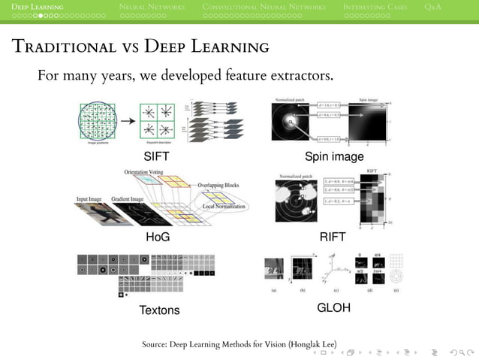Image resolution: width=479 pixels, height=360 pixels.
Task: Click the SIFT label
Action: pos(157,156)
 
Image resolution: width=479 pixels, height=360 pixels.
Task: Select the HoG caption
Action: pos(158,237)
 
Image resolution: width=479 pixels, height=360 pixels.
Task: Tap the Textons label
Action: pos(159,310)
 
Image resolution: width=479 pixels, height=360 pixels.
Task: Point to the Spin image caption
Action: pos(334,156)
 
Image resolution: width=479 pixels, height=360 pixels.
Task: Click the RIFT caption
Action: pos(333,237)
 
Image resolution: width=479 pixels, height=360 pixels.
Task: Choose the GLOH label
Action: pos(333,308)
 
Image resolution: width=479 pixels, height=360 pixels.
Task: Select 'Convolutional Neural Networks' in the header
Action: pos(264,7)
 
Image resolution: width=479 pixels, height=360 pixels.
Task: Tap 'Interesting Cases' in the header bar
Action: pos(375,7)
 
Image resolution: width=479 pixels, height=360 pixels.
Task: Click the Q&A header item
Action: pos(432,7)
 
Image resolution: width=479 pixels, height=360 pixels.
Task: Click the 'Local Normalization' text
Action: pos(218,205)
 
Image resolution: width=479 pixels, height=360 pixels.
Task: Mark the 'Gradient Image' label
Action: pos(129,199)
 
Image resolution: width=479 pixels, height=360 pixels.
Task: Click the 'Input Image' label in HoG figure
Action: pos(89,199)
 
